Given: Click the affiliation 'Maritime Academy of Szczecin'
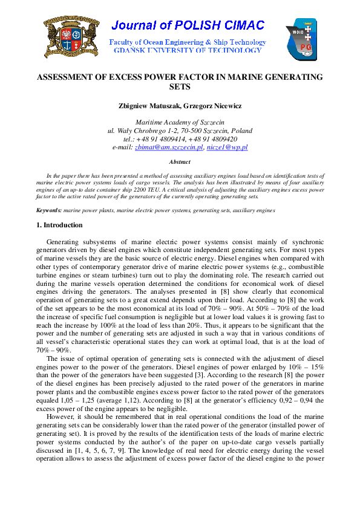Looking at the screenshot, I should click(x=180, y=122).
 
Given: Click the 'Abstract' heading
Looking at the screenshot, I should click(x=180, y=162).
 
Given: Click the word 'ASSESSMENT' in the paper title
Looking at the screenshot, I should click(x=66, y=77).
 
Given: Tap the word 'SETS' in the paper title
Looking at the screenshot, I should click(x=180, y=87).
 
